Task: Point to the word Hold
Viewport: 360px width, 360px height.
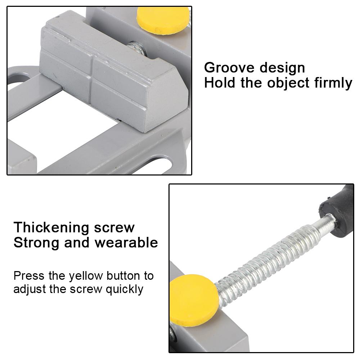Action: point(220,83)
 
